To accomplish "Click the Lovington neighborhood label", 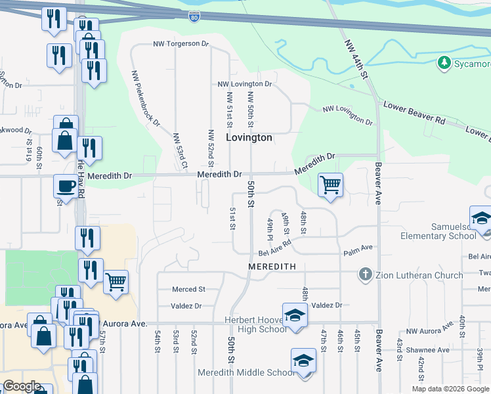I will pyautogui.click(x=249, y=138).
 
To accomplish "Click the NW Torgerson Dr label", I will pyautogui.click(x=181, y=45).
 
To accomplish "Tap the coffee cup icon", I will pyautogui.click(x=66, y=186).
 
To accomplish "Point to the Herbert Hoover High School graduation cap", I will pyautogui.click(x=295, y=314).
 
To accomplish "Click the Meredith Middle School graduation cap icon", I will pyautogui.click(x=303, y=361).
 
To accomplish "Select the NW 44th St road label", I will pyautogui.click(x=358, y=63).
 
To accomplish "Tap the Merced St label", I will pyautogui.click(x=188, y=289).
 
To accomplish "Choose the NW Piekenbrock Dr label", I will pyautogui.click(x=146, y=98).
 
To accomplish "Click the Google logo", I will pyautogui.click(x=22, y=386).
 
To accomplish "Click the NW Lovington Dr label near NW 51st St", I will pyautogui.click(x=244, y=84).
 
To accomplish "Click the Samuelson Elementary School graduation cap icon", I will pyautogui.click(x=480, y=217).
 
